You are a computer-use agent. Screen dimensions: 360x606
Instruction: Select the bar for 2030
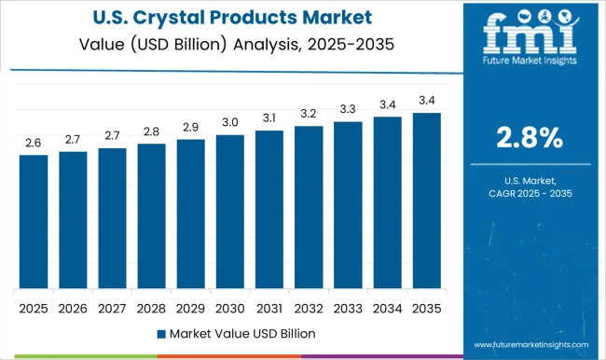[230, 212]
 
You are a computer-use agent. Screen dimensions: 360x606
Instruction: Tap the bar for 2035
[427, 201]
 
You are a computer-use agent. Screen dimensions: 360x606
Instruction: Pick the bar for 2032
[309, 207]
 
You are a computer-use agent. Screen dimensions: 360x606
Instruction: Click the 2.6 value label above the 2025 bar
[34, 143]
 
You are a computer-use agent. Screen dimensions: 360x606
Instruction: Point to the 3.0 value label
[230, 122]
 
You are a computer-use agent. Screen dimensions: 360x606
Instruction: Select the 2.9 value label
[191, 127]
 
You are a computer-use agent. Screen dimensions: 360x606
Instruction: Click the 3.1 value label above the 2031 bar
[269, 118]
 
